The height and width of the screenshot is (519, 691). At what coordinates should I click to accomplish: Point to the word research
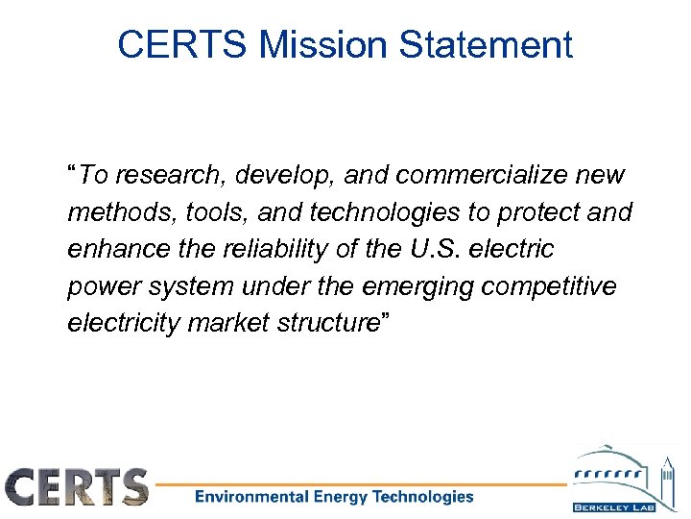[158, 176]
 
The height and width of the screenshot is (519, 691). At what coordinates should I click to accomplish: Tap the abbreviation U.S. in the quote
[429, 249]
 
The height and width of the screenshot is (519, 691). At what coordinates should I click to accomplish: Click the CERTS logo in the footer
[77, 486]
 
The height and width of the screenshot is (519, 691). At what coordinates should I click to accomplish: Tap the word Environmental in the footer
[250, 497]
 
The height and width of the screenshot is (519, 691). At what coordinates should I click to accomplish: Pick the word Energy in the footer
[342, 497]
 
